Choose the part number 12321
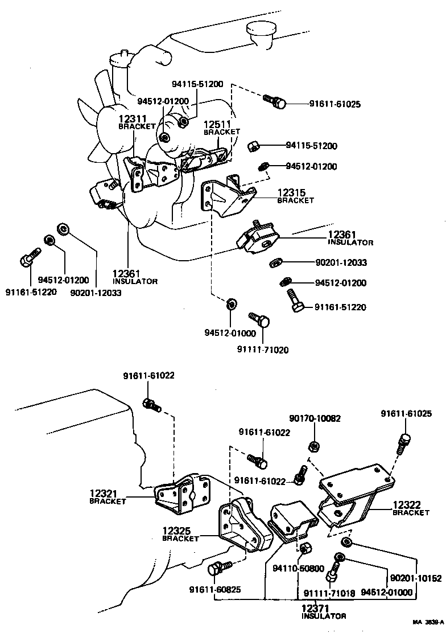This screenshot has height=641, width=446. (x=103, y=493)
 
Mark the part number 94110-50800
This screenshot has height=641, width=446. (x=298, y=568)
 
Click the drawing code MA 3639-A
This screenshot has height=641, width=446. (x=428, y=623)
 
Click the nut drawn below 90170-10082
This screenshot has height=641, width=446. (x=313, y=446)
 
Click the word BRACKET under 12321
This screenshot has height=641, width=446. (x=107, y=502)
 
